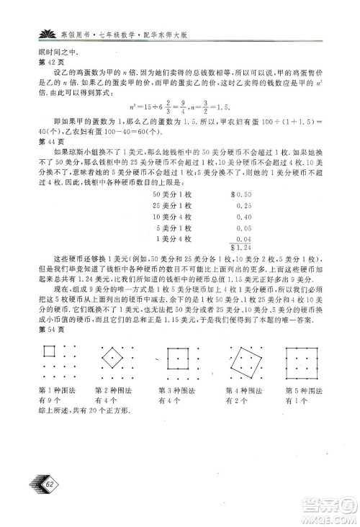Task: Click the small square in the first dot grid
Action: coord(50,352)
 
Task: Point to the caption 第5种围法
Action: coord(302,390)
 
